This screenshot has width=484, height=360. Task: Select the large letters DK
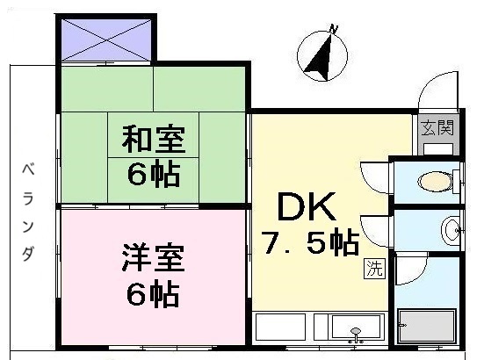point(306,207)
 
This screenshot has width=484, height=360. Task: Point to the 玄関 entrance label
point(437,127)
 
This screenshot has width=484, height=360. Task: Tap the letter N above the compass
point(334,29)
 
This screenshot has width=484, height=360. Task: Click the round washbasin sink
point(451,231)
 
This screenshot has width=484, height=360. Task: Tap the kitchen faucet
point(356,333)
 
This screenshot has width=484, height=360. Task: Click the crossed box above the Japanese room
point(105,37)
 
